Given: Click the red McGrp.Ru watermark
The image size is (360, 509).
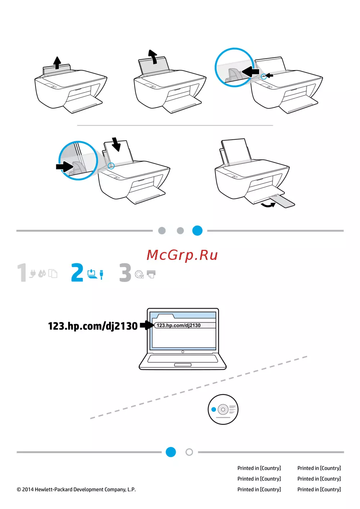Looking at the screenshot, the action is (x=182, y=255).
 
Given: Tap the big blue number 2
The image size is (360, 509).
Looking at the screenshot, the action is (x=77, y=272).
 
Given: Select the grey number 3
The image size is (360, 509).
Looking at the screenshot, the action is (x=125, y=272).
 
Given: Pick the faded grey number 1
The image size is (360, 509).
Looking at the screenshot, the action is (x=22, y=272).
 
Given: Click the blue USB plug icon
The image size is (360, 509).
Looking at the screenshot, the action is (x=102, y=275).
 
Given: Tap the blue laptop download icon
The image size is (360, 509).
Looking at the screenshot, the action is (x=92, y=274).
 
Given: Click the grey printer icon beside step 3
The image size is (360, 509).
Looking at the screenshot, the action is (x=151, y=274).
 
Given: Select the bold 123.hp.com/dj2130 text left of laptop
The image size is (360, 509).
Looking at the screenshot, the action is (x=93, y=326).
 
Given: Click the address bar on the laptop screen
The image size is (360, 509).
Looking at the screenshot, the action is (x=185, y=325).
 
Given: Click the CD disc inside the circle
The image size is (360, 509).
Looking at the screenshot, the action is (x=223, y=409).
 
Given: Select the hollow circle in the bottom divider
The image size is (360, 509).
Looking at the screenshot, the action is (x=189, y=452).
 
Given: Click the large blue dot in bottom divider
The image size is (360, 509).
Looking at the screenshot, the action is (x=171, y=452).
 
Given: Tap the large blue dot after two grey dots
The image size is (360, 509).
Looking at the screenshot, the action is (x=197, y=231).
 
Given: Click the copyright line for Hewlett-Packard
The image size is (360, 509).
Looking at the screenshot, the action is (x=76, y=489).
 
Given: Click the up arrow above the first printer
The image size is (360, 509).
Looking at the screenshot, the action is (x=57, y=63).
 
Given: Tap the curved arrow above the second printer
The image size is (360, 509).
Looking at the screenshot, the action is (x=153, y=57).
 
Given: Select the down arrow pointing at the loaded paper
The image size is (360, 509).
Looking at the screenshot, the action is (x=117, y=144).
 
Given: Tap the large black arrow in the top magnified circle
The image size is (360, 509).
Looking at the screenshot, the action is (x=250, y=71).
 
